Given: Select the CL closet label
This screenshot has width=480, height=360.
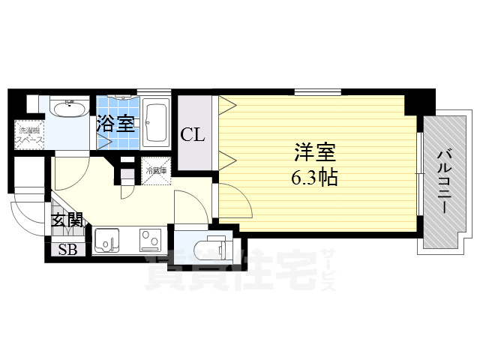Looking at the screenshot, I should tap(192, 136).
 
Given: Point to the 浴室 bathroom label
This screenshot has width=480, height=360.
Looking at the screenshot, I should tap(115, 122).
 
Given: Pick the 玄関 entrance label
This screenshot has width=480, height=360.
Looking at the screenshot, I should tap(67, 220).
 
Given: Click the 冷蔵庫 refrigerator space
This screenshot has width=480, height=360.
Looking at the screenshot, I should tap(156, 169).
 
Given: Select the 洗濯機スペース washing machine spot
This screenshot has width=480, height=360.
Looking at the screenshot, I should tap(30, 135).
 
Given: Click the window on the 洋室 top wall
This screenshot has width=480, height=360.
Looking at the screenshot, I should tap(319, 91).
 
